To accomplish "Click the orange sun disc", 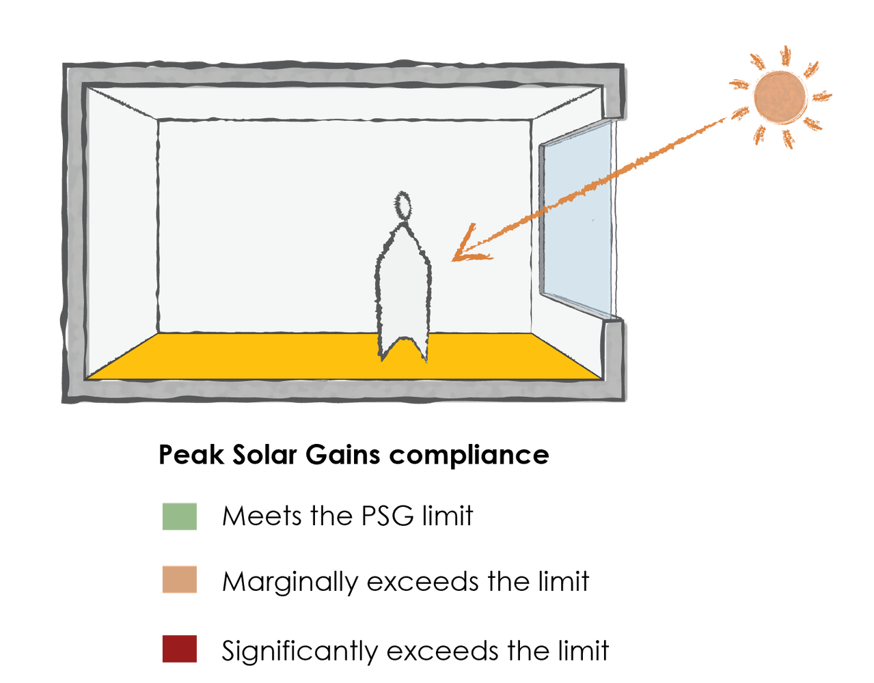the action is point(780,97).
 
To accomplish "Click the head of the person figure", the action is point(402,206).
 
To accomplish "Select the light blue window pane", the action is point(577,219).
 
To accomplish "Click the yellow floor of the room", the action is point(344,356).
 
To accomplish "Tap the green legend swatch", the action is point(180,516).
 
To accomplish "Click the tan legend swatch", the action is point(180,579).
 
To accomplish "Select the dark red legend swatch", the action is point(180,648).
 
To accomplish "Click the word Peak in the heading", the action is point(191,455).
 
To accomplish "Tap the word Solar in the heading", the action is point(264,455).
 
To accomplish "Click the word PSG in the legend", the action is point(387,516).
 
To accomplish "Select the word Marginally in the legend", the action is point(290,583).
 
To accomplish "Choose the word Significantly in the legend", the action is point(299,652).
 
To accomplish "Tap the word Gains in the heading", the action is point(342,455).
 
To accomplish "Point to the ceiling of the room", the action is point(344,103).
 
